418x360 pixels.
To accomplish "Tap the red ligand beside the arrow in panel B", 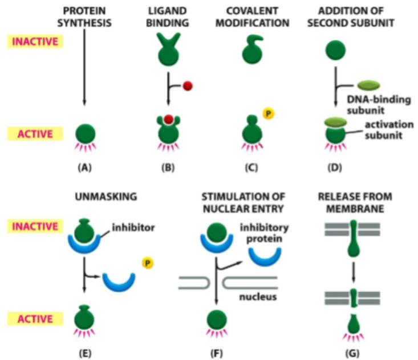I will [x=187, y=87].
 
